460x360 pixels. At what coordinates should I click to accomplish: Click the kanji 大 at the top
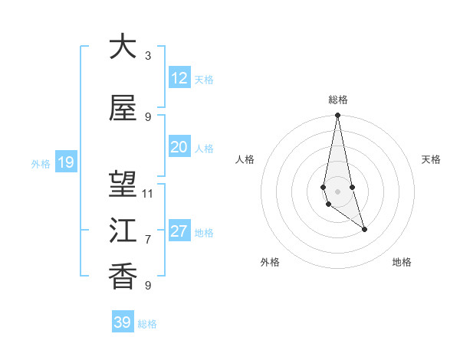point(123,47)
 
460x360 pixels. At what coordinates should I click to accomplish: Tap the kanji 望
point(123,185)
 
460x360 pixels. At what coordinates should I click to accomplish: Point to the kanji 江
point(123,230)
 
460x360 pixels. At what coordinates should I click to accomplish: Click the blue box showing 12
point(179,78)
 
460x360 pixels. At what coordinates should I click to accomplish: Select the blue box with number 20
point(179,147)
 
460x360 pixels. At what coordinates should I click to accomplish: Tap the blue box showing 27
point(179,231)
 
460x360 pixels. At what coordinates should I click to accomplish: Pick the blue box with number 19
point(65,162)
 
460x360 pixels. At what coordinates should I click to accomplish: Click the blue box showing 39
point(123,322)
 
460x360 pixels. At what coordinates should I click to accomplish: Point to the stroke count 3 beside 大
point(148,56)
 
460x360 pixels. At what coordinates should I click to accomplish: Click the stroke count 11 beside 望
point(148,194)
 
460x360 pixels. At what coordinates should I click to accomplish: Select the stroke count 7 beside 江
point(148,240)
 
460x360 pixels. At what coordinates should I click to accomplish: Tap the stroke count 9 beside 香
point(148,286)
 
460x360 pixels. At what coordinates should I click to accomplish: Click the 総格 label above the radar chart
point(338,100)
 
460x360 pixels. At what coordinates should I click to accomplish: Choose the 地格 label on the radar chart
point(402,262)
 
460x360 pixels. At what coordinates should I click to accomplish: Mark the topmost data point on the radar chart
point(337,116)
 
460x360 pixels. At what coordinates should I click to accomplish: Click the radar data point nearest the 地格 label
point(364,229)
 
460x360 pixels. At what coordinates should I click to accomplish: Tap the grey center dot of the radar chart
point(337,191)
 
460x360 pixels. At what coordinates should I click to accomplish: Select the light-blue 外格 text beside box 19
point(41,163)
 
